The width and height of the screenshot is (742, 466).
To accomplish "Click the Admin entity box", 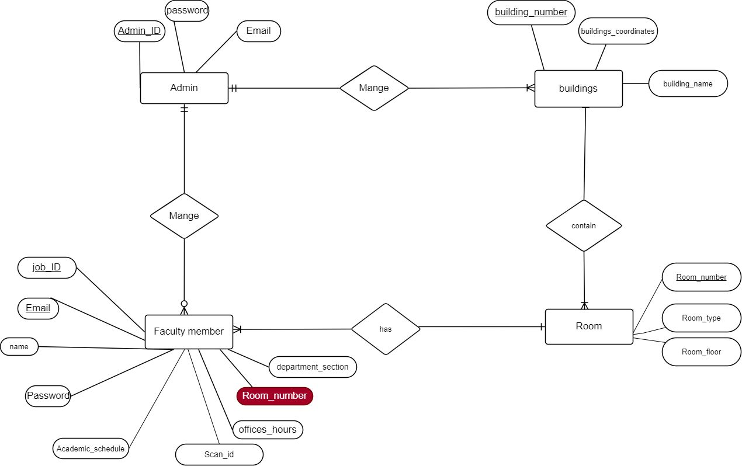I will [184, 88].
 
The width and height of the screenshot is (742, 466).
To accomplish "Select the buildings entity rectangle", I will [578, 89].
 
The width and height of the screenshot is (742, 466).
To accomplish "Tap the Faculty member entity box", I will [189, 332].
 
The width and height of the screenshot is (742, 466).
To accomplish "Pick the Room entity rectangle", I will [589, 326].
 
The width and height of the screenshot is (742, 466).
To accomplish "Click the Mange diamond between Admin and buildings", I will [374, 88].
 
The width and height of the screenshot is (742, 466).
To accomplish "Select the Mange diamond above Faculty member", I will [184, 216].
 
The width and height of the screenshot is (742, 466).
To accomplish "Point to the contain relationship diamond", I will [584, 226].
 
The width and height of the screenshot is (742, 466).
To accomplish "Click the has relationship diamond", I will [386, 329].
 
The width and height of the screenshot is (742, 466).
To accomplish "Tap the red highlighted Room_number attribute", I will [275, 396].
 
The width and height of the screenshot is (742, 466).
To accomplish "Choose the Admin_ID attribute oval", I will [139, 31].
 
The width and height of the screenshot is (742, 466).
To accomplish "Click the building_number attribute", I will [531, 12].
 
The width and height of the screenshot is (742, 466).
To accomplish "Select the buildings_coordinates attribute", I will [618, 32].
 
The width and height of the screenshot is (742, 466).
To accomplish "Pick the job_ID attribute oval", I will [47, 268].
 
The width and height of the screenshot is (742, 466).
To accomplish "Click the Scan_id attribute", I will [219, 454].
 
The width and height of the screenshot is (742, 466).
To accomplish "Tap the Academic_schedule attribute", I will [91, 449].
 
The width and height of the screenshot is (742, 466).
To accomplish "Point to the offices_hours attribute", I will [268, 430].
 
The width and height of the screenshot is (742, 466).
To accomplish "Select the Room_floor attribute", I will [701, 352].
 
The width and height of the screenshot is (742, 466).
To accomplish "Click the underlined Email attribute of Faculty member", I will [38, 308].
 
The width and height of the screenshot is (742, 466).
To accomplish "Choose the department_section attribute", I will [312, 367].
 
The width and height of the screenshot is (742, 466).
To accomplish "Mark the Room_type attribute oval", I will [701, 318].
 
